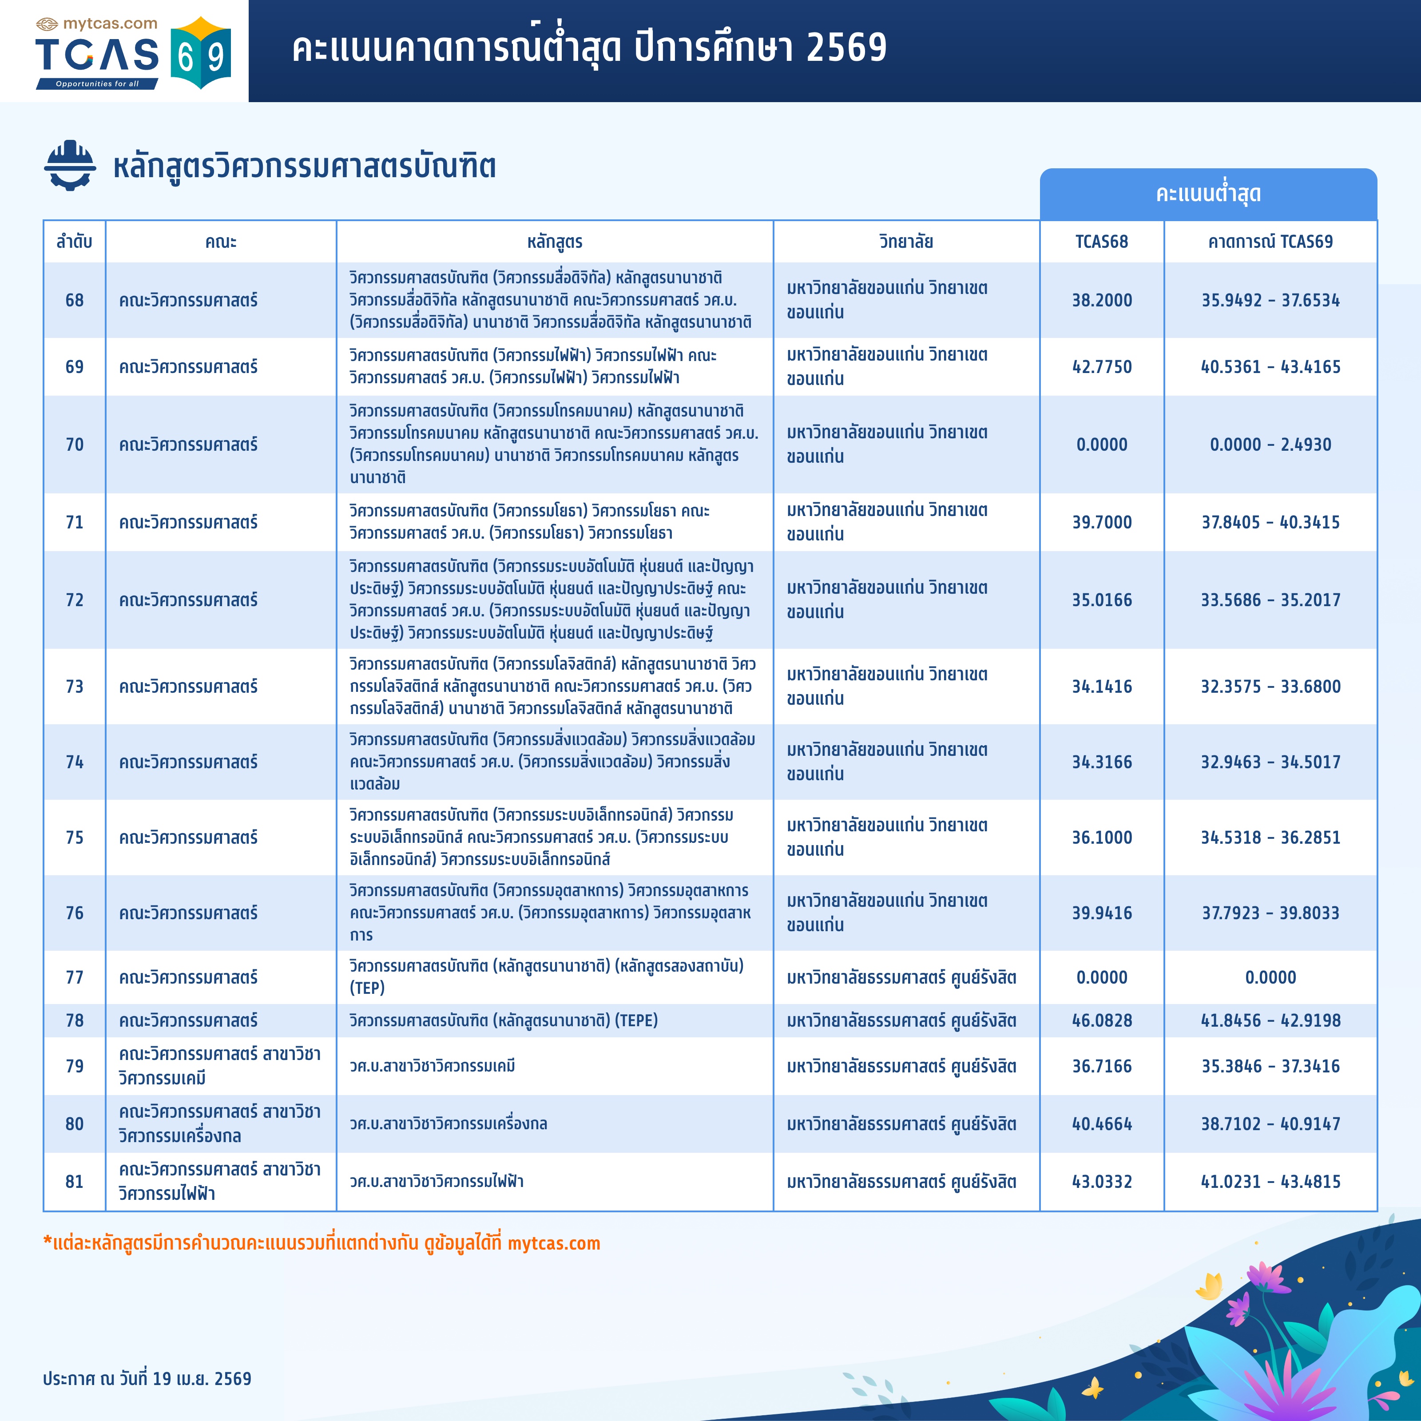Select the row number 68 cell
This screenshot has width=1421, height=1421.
[x=74, y=300]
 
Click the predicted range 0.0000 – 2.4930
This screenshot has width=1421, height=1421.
[x=1270, y=444]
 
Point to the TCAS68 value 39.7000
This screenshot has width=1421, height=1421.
[x=1101, y=522]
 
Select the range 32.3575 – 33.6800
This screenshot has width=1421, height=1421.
[x=1270, y=686]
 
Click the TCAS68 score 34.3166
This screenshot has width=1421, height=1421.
[x=1101, y=762]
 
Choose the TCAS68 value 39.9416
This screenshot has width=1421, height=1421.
[x=1101, y=913]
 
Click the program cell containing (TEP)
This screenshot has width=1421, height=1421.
[x=546, y=977]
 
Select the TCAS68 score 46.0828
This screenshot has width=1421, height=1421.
[x=1101, y=1020]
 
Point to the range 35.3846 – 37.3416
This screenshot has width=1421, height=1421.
[x=1270, y=1066]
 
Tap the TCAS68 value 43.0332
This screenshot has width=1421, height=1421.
[x=1101, y=1181]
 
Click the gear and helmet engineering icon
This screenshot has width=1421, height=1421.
[x=70, y=166]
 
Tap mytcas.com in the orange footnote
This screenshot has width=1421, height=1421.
[x=553, y=1243]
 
